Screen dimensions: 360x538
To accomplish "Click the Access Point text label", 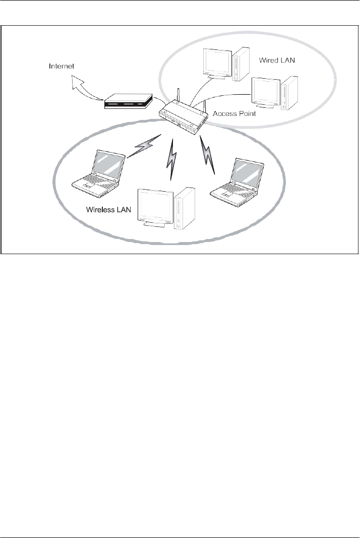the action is pyautogui.click(x=234, y=114).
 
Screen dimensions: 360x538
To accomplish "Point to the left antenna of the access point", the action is pyautogui.click(x=177, y=98).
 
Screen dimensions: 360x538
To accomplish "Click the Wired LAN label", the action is pyautogui.click(x=277, y=60).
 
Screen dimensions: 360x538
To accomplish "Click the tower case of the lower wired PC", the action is pyautogui.click(x=290, y=93).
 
